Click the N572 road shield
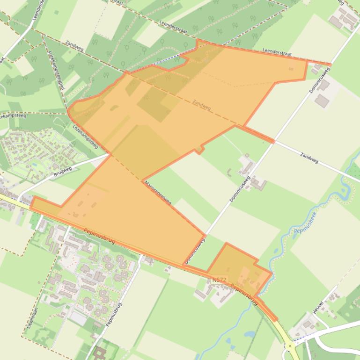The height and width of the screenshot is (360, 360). pyautogui.click(x=219, y=280)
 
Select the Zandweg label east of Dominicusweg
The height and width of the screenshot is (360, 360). pyautogui.click(x=309, y=158)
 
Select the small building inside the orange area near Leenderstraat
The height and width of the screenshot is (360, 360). pyautogui.click(x=291, y=69)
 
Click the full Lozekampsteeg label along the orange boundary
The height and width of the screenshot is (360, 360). pyautogui.click(x=85, y=136)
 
